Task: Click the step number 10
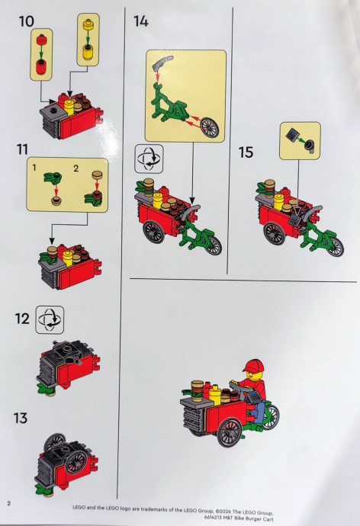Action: click(x=27, y=21)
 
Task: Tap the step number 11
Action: click(x=22, y=149)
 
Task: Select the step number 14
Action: click(x=141, y=21)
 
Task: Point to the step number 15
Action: click(x=246, y=152)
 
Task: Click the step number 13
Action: click(x=21, y=418)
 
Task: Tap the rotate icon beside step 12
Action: click(x=50, y=319)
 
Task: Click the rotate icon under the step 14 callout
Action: click(x=149, y=159)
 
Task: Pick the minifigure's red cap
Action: click(x=252, y=366)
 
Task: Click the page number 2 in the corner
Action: click(x=9, y=503)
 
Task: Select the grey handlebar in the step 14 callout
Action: click(x=162, y=63)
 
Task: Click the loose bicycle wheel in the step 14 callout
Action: click(x=209, y=127)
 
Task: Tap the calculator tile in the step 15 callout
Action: click(x=291, y=136)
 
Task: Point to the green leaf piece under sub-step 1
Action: click(x=53, y=177)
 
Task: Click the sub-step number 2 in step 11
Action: click(x=76, y=168)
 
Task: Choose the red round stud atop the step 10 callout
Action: click(x=42, y=40)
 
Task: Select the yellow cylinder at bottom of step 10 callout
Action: click(x=88, y=53)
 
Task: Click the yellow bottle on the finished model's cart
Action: click(x=215, y=395)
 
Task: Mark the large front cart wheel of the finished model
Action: click(x=230, y=432)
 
